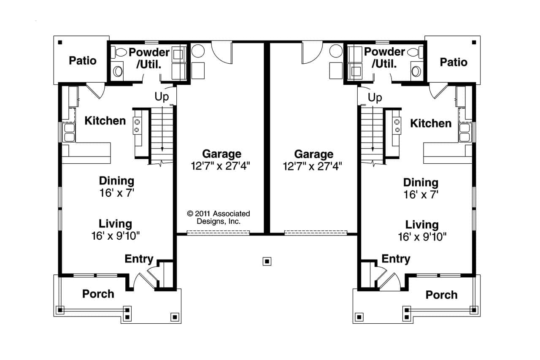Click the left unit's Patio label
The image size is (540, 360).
pos(83,61)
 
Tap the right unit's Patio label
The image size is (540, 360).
pos(454,62)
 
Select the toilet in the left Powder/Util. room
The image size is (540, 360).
pos(121,52)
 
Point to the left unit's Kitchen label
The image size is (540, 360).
pos(105,121)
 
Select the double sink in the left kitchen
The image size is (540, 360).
pos(68,132)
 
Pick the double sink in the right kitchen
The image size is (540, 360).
pos(465,132)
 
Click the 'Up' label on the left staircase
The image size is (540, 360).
pos(162,97)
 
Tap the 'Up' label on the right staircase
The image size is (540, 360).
pos(375,98)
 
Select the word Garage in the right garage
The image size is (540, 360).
pos(313,154)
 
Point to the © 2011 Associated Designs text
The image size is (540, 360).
pos(219,217)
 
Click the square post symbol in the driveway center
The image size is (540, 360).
pos(267,261)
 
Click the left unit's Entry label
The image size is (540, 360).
pos(139,259)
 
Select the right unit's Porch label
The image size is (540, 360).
pos(441,295)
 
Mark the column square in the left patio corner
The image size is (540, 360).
pos(60,42)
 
